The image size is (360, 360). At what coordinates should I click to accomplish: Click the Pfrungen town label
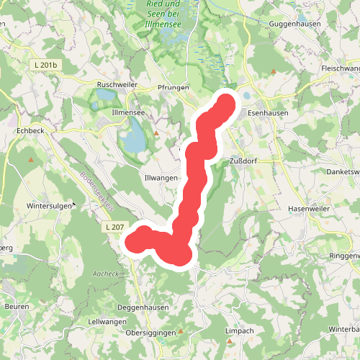point(172,87)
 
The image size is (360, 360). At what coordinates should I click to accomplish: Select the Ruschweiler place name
point(116,84)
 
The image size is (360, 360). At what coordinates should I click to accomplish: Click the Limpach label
point(239,330)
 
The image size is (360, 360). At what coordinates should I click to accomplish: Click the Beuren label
point(17,307)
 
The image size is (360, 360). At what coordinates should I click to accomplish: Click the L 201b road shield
point(45,66)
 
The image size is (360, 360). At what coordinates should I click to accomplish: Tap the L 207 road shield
point(114,228)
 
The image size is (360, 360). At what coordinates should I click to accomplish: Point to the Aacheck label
point(105,274)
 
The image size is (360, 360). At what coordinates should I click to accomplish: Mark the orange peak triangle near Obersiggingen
point(181,332)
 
